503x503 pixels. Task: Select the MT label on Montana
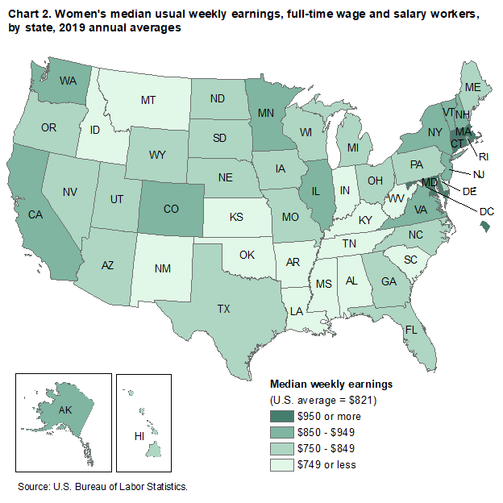click(x=148, y=101)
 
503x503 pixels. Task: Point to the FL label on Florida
click(x=411, y=330)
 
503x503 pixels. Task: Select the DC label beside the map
click(x=485, y=212)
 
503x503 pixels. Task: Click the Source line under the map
click(x=103, y=487)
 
